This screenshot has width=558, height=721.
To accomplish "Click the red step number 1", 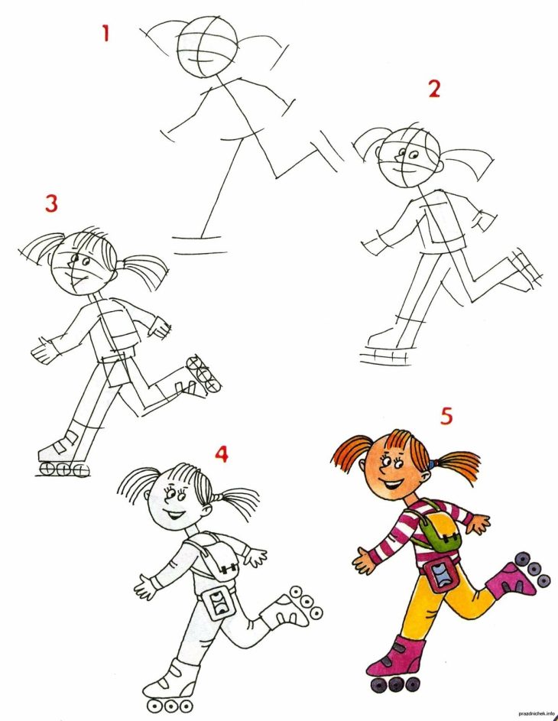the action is click(106, 33).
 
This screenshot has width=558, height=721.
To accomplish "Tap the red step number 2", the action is click(434, 89).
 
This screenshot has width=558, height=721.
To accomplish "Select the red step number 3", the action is click(51, 203).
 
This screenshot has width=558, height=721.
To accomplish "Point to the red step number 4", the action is click(222, 454).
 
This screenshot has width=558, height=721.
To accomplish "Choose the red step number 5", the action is click(446, 416).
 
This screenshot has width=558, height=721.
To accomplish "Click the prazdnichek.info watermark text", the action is click(536, 713).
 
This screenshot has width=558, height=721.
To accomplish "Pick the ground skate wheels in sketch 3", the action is click(64, 469).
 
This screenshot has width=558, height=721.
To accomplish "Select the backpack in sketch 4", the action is click(216, 555).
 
